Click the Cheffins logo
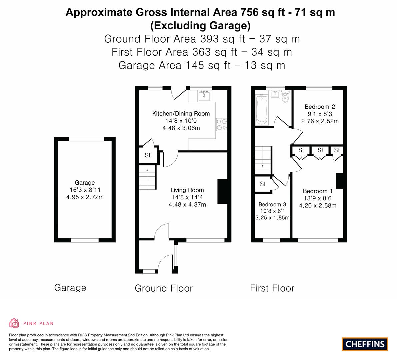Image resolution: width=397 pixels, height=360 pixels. coord(365,344)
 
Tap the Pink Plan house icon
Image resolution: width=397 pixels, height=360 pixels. coord(14,323)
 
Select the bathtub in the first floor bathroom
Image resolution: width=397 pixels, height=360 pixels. coord(262,110)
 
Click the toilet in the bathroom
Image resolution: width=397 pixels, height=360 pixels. coord(285,96)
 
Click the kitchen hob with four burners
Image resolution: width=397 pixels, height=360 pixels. coord(221,125)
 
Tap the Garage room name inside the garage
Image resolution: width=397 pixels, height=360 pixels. coord(85,183)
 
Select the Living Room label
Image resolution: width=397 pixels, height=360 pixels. coord(187,190)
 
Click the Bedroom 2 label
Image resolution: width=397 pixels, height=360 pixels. coord(320,107)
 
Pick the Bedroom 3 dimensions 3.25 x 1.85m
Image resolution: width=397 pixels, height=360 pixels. coord(272,218)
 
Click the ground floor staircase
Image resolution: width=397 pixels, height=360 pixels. coord(147,177)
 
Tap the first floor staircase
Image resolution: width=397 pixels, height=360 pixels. coord(263,161)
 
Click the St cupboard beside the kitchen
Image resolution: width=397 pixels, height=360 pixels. coord(148,155)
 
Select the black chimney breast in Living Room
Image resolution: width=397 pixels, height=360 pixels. coord(223,191)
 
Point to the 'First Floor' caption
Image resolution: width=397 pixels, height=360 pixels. coord(272,288)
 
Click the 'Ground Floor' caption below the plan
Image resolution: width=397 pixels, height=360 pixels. coord(164,288)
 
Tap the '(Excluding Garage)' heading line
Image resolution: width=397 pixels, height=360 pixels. coord(200,26)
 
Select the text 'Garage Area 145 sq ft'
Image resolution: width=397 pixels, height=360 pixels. coord(174,65)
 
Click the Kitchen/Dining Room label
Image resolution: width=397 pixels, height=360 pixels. coord(181,114)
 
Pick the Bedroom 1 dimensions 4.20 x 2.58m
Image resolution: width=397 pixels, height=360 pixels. coord(318,206)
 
